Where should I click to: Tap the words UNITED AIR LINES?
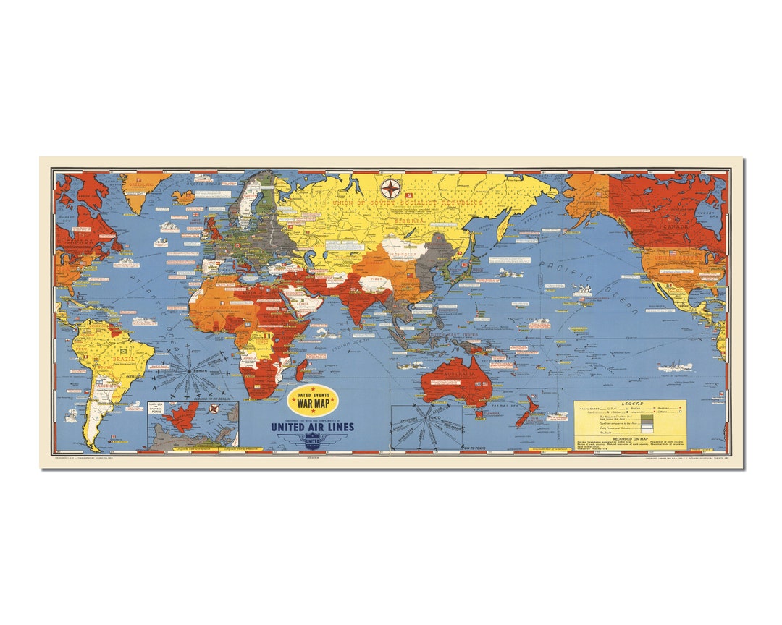312,427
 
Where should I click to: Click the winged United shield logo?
312,441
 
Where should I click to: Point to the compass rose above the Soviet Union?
391,190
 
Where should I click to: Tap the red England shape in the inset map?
182,420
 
